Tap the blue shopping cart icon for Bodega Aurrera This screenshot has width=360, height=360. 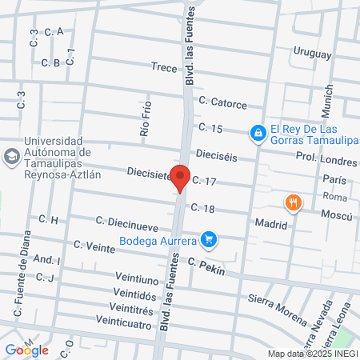pyautogui.click(x=210, y=239)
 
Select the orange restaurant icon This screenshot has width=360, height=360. pyautogui.click(x=294, y=202)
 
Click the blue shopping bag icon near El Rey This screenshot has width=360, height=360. pyautogui.click(x=258, y=133)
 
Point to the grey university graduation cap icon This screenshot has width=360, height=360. pyautogui.click(x=11, y=155)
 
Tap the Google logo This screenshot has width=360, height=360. pyautogui.click(x=26, y=350)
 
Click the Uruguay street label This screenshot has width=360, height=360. pyautogui.click(x=311, y=53)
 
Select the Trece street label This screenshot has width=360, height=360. pyautogui.click(x=163, y=68)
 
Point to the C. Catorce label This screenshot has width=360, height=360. pyautogui.click(x=223, y=102)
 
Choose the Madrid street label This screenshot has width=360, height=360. pyautogui.click(x=270, y=225)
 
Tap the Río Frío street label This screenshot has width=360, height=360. pyautogui.click(x=146, y=123)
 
